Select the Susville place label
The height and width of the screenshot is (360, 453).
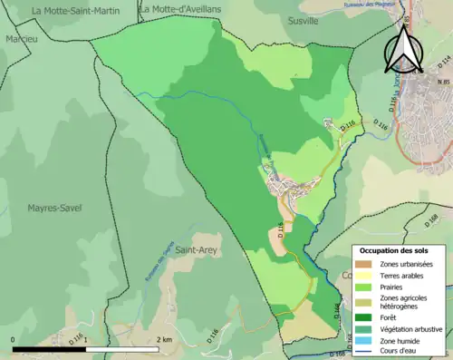(x=303, y=19)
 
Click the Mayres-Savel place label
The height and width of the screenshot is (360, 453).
(x=54, y=208)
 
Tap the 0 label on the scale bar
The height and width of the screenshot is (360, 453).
(x=14, y=339)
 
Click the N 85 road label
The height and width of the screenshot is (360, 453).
(x=443, y=83)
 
